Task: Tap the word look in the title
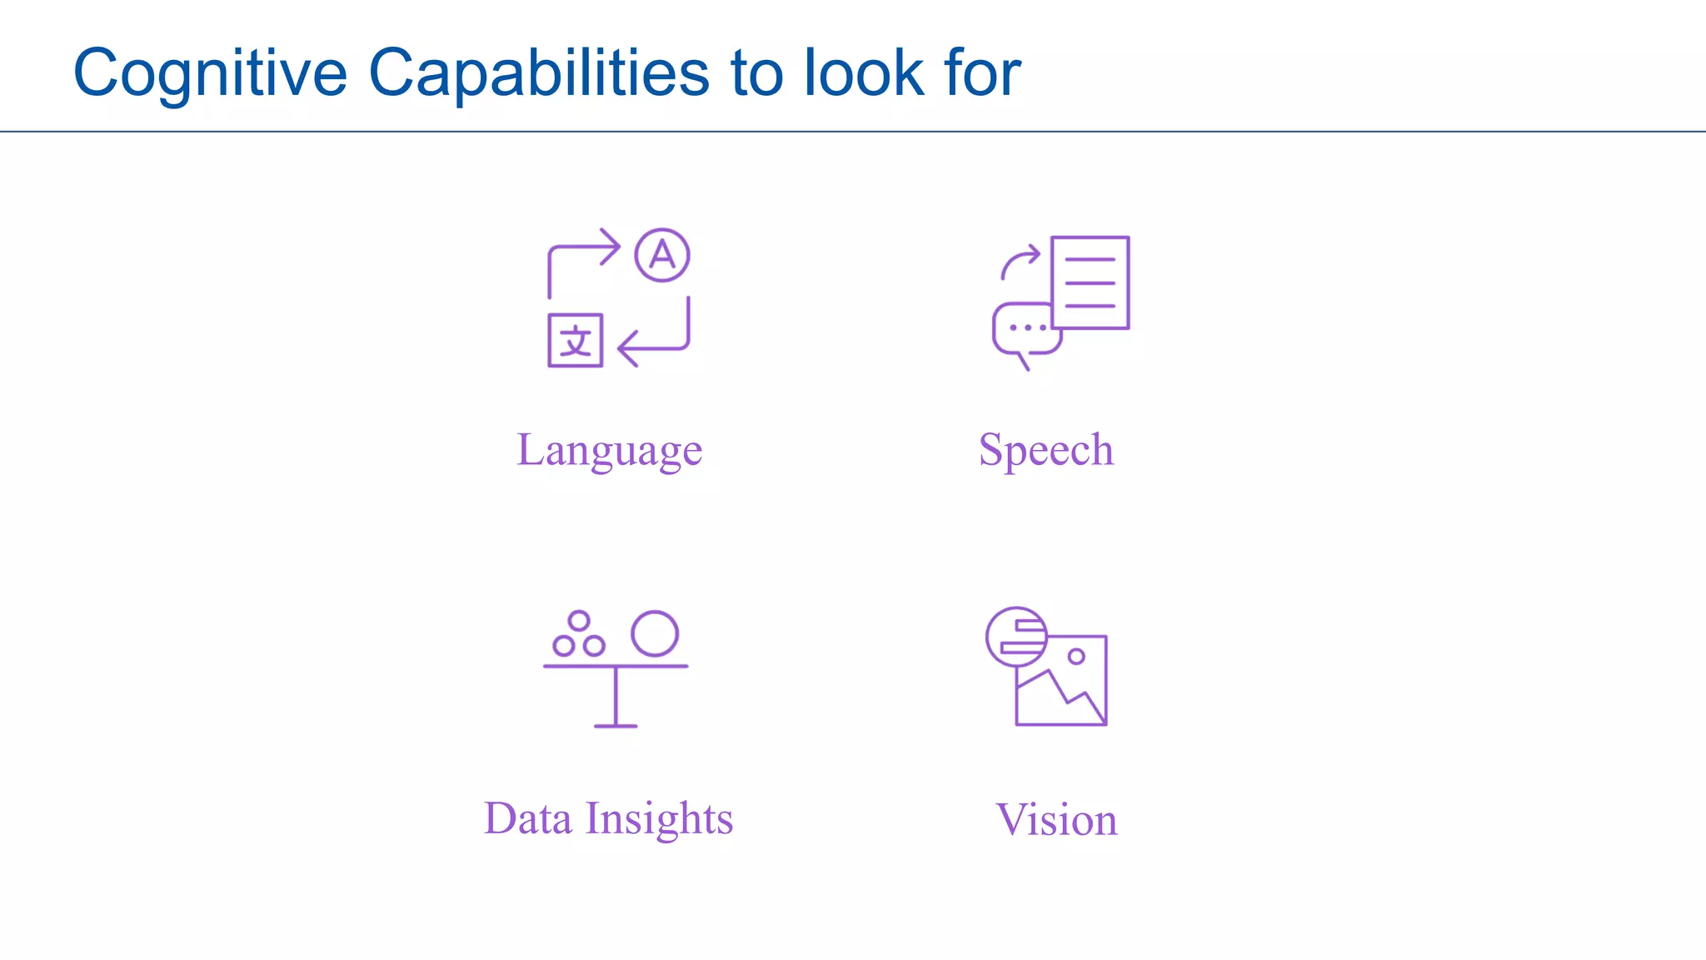tap(864, 73)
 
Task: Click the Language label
tap(609, 450)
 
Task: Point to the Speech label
tap(1045, 450)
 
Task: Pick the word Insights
tap(659, 820)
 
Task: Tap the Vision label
tap(1055, 820)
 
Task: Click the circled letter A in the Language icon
tap(662, 255)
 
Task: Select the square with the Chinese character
tap(575, 340)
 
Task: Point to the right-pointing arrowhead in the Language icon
tap(612, 246)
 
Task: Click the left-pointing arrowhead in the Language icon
tap(627, 347)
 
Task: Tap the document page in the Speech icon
tap(1090, 282)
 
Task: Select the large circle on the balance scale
tap(655, 633)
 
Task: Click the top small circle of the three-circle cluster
tap(579, 621)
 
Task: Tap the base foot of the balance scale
tap(616, 726)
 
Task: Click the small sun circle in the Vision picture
tap(1076, 657)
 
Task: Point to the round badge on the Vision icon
tap(1015, 637)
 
